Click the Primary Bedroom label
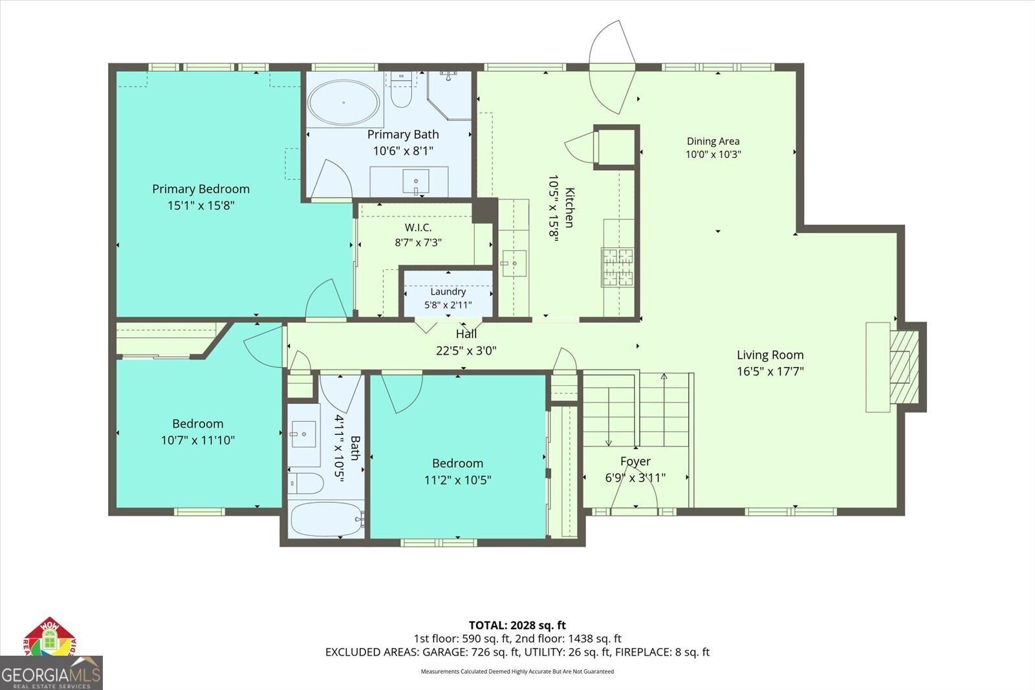201,189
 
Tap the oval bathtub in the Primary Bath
343,102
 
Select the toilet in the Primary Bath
401,89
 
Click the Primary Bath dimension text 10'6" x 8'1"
404,151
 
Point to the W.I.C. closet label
418,228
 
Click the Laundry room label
448,292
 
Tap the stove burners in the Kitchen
617,267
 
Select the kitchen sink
514,263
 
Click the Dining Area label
713,141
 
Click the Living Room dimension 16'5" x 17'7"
770,371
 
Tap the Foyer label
635,461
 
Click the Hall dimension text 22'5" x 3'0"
466,351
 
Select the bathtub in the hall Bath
326,519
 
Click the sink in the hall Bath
303,434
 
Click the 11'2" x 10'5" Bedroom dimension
457,480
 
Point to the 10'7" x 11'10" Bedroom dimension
198,440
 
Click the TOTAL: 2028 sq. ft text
517,625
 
